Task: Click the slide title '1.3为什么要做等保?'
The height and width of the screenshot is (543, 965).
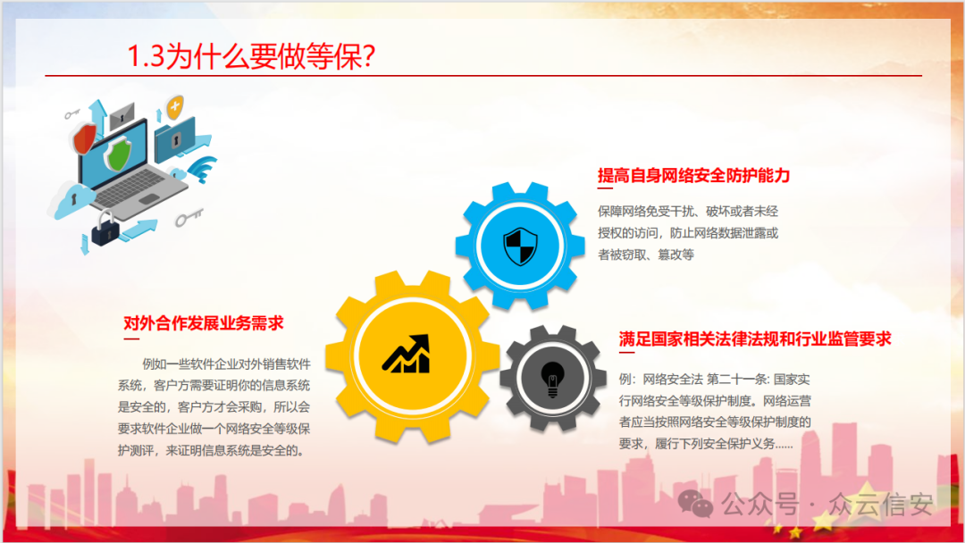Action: (x=251, y=57)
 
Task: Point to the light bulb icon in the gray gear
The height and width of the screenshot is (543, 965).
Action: (x=552, y=378)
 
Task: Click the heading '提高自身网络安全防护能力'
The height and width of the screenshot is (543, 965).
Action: (x=693, y=176)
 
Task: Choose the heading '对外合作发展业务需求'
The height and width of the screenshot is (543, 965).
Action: (x=204, y=323)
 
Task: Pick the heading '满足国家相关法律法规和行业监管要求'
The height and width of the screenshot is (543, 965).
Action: (x=755, y=339)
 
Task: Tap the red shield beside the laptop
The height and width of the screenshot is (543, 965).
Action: (x=85, y=139)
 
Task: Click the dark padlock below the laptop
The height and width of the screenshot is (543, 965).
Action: (x=104, y=230)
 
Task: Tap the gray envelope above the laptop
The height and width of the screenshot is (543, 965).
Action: (x=122, y=113)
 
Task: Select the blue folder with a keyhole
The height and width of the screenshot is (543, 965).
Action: (x=175, y=139)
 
